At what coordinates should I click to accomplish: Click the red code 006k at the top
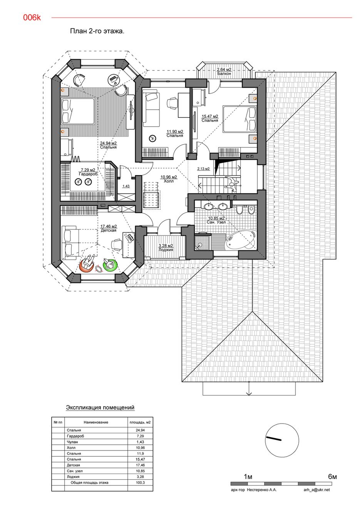[32, 18]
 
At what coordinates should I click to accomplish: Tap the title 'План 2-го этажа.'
[97, 31]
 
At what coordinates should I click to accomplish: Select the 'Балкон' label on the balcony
[224, 73]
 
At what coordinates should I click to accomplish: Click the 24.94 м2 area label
[108, 143]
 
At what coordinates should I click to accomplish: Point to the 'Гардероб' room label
[88, 174]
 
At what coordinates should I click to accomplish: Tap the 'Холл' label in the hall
[169, 181]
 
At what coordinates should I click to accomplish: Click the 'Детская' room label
[109, 230]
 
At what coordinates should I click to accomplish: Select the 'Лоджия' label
[166, 250]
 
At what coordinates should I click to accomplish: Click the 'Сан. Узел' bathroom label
[216, 222]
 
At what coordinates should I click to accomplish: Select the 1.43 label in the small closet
[126, 186]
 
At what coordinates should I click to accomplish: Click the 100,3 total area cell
[140, 482]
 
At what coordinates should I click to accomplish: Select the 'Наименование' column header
[96, 422]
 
